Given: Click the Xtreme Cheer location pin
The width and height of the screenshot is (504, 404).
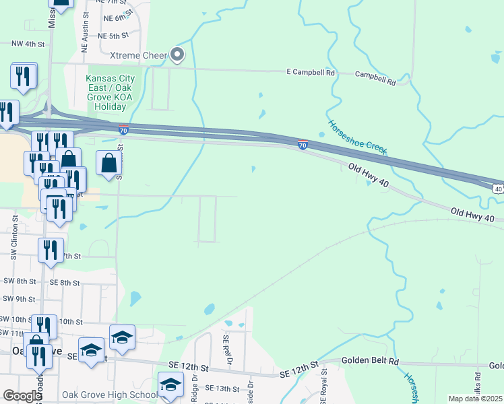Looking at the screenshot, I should pos(177,54).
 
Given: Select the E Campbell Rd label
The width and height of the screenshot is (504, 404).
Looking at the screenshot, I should pos(311,72).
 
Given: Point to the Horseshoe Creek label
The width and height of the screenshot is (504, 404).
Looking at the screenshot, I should pos(357,137).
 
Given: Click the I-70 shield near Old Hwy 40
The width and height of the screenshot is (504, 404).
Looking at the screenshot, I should pos(303,144).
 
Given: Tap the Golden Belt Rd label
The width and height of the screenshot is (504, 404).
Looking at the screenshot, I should pos(370,362).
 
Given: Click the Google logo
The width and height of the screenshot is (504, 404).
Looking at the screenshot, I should pos(22,395).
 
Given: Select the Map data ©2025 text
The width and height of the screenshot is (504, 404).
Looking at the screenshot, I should pos(475,399).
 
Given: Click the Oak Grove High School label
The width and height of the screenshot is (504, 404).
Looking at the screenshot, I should pos(109,395).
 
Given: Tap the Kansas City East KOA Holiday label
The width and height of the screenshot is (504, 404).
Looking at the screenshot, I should pos(110,92).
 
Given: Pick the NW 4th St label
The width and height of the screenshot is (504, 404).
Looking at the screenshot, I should pos(28,44).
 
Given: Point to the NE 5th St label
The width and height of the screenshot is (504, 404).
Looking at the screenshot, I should pos(113,36).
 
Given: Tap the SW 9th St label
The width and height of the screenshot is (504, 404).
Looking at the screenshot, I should pos(18,298).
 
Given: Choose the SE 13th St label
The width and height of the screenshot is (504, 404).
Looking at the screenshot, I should pos(222,389).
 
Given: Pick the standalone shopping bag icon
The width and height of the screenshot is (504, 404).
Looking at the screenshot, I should pos(109,162).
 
